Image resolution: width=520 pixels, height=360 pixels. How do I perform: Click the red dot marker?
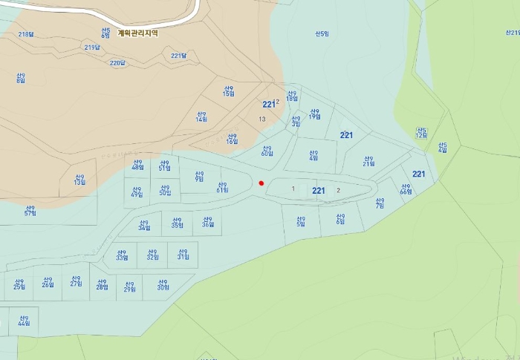point(261,183)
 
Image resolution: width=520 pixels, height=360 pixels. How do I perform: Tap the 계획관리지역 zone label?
point(137,33)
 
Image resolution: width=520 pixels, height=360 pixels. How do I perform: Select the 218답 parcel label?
point(26,34)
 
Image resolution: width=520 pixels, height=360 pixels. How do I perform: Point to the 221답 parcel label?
point(178,56)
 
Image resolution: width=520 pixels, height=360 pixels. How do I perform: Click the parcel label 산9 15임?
point(229,91)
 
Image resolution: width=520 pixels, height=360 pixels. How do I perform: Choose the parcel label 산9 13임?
point(79,180)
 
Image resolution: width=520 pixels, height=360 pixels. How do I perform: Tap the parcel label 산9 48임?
point(137,165)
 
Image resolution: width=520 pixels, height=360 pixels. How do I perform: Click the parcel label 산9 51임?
point(165,165)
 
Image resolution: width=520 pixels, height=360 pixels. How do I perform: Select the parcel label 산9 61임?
point(222,187)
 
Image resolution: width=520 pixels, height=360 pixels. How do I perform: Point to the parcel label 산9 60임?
point(267,150)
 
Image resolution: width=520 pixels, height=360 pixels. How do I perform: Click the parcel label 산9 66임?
point(406,189)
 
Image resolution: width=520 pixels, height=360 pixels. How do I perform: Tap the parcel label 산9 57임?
point(30,210)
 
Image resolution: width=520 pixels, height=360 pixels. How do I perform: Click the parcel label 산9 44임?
point(24,320)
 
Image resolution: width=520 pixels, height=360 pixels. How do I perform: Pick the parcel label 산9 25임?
point(19,283)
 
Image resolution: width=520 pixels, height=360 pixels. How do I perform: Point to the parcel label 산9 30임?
point(163,284)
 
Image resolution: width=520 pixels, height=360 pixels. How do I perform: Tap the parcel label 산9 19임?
point(315,113)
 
